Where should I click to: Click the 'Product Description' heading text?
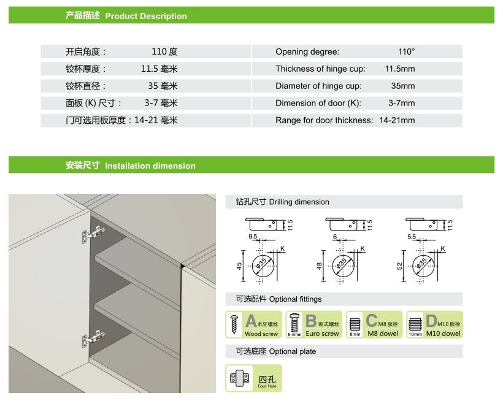pos(146,16)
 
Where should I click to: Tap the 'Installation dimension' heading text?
pos(150,166)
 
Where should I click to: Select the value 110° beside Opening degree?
pos(407,52)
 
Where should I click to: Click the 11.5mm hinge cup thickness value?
pos(400,69)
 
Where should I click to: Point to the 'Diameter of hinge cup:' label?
pos(318,86)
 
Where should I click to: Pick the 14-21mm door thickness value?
pos(397,120)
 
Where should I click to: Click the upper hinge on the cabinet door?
pos(94,234)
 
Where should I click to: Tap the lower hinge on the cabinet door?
pos(94,338)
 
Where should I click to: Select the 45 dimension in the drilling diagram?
pos(239,266)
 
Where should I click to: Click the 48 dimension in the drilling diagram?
pos(319,266)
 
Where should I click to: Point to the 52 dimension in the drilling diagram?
pos(399,266)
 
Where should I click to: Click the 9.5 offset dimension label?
pos(253,236)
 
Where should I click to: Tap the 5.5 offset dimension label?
pos(412,237)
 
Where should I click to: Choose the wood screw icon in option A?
pos(234,324)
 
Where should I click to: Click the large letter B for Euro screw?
pos(311,321)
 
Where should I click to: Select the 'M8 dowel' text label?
pos(383,334)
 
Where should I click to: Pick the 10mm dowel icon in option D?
pos(415,325)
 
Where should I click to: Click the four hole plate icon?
pos(240,378)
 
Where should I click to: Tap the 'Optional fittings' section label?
pos(295,299)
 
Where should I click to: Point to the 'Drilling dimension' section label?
pos(299,202)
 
